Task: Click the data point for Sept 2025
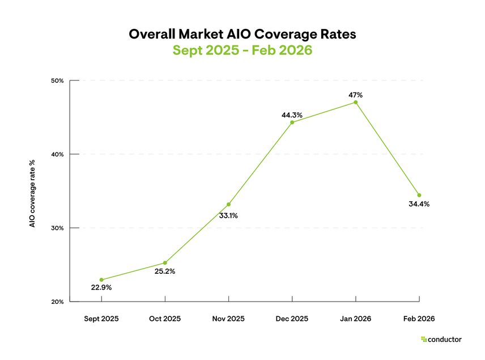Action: (101, 279)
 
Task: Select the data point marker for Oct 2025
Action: (165, 262)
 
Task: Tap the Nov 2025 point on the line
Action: (228, 204)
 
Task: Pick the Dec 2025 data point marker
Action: (292, 122)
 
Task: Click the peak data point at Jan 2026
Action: (356, 102)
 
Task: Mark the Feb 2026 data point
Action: (419, 195)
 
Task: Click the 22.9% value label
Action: (101, 288)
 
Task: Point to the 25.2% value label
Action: (165, 271)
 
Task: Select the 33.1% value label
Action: (228, 215)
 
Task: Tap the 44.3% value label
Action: (292, 115)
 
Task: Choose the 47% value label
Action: (356, 95)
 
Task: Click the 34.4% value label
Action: (419, 204)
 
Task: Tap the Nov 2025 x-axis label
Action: (228, 319)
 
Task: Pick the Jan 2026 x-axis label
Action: (356, 319)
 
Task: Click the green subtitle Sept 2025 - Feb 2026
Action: (242, 50)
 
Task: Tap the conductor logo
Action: (441, 340)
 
